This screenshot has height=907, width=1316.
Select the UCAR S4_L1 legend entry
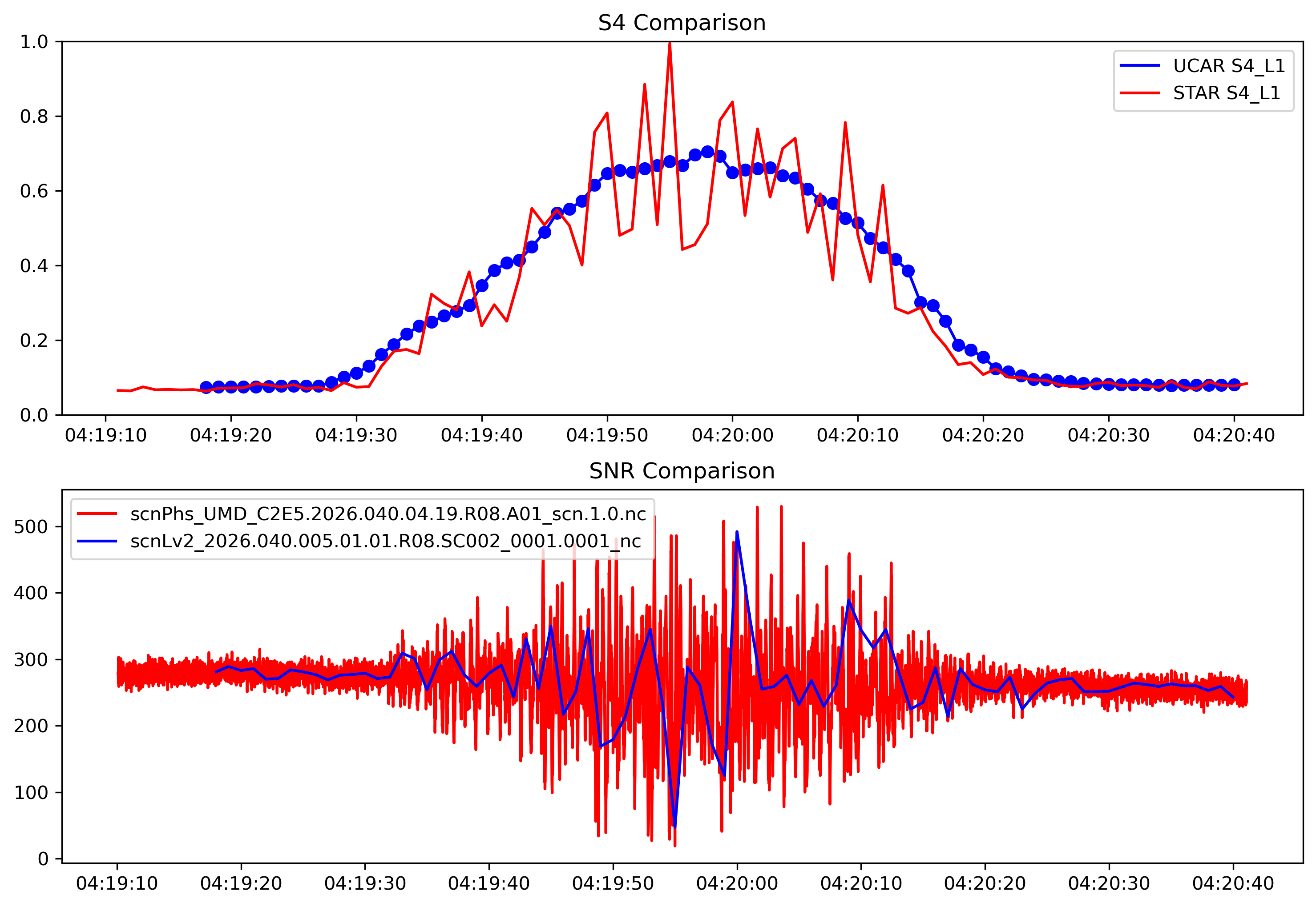1228,66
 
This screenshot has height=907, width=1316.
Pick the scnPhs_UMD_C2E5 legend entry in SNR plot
388,514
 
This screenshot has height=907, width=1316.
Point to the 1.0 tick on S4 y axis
34,41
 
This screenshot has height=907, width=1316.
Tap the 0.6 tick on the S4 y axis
34,191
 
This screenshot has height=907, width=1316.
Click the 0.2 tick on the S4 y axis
34,341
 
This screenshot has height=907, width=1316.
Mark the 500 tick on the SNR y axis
31,527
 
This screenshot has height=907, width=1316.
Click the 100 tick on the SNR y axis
31,792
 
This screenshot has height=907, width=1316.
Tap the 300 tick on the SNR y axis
31,660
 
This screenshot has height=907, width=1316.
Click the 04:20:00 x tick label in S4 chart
732,436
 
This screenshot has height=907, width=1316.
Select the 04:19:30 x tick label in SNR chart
365,884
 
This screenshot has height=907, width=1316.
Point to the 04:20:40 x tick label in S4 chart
1234,436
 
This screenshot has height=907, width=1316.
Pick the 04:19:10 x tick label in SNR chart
117,884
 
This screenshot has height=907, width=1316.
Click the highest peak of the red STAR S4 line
670,43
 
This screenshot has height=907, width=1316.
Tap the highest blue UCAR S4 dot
707,152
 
